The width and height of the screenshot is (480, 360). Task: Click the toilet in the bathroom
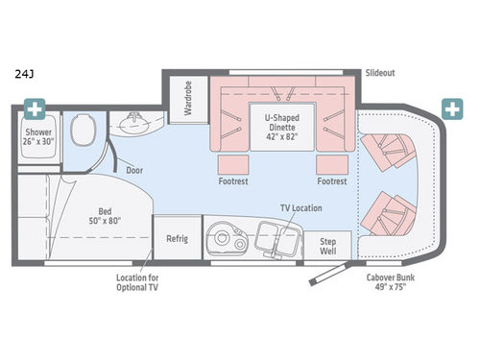(81, 130)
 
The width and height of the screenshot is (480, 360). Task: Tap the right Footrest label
(332, 180)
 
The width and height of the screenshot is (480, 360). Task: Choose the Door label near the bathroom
(135, 170)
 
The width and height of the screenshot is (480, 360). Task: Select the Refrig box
(177, 238)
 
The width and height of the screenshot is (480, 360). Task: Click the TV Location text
(300, 207)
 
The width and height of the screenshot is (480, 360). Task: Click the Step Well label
(326, 245)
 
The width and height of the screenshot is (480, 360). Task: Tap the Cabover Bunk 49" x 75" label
(389, 283)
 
